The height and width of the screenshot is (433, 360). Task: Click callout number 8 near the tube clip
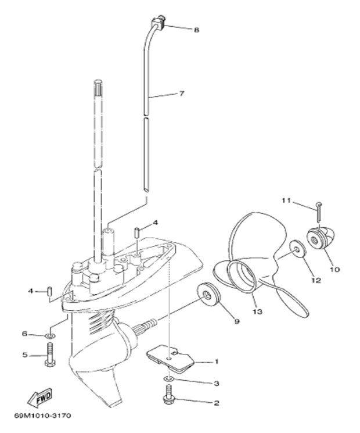point(196,29)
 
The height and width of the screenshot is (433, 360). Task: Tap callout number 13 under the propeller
point(257,312)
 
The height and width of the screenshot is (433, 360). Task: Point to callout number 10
point(335,269)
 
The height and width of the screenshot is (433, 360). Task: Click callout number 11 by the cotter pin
point(285,201)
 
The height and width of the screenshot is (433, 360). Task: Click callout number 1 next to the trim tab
point(217,362)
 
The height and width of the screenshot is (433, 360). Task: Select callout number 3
point(217,383)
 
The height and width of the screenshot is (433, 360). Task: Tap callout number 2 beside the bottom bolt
point(217,402)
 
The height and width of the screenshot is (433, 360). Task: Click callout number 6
point(25,334)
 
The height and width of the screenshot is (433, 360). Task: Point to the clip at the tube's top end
point(157,24)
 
